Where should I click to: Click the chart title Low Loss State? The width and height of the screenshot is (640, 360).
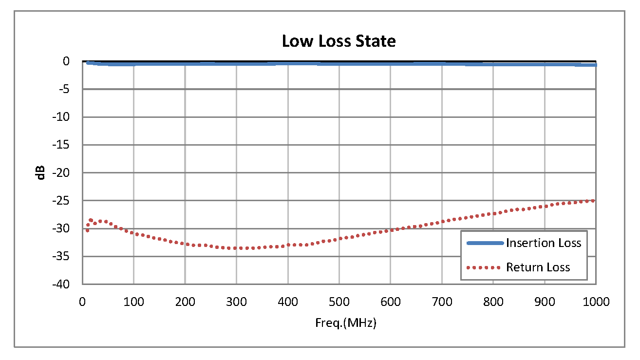coord(339,41)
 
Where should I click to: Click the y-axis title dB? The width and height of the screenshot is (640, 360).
coord(41,172)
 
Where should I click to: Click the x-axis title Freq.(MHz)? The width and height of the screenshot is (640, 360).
coord(339,323)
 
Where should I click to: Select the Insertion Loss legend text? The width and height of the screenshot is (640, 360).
coord(544,243)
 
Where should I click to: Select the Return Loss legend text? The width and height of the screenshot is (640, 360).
coord(538,267)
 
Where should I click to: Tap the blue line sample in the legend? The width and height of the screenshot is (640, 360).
coord(484,243)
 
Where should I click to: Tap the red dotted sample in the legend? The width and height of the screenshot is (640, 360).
coord(484,267)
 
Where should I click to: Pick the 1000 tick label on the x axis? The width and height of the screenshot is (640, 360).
coord(596,302)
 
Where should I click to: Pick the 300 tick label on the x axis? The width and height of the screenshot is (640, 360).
coord(236,302)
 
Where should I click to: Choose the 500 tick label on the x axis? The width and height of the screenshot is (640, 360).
coord(339,302)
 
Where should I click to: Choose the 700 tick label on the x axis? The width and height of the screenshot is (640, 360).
coord(442,302)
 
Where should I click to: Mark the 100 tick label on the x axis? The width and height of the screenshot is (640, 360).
coord(133,302)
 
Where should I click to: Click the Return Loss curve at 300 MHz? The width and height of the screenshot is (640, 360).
coord(236,248)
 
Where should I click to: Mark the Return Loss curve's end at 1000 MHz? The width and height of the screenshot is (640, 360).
coord(595,200)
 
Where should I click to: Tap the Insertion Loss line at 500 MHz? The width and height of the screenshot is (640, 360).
coord(339,63)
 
